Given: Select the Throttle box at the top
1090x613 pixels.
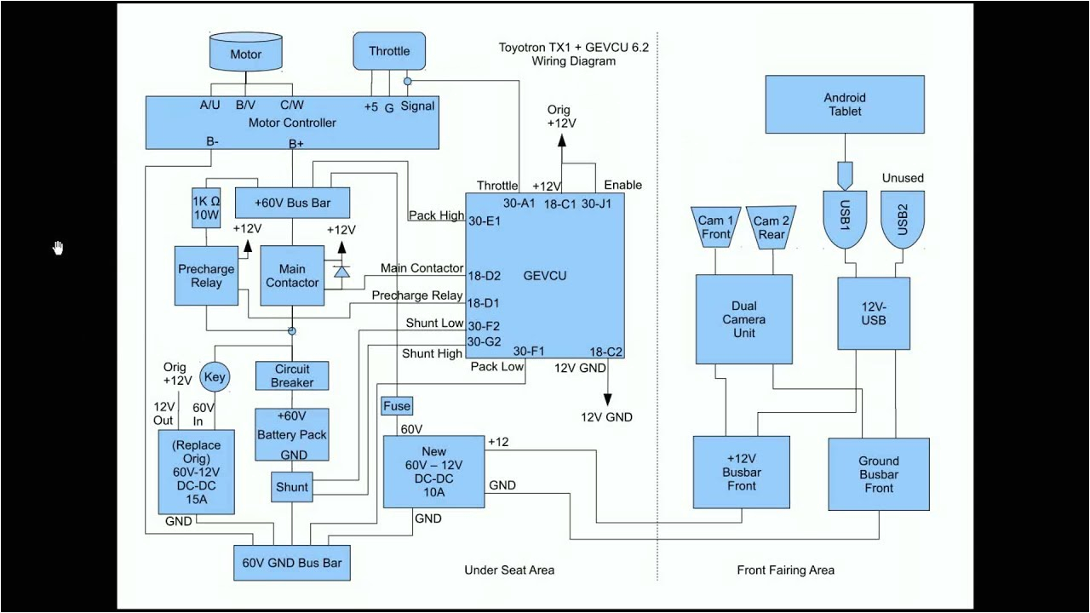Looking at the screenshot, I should point(389,52).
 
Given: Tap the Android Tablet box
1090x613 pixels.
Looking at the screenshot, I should point(844,105).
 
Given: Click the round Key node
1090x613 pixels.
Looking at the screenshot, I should point(215,376).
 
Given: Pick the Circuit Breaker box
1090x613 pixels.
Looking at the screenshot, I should point(292,375).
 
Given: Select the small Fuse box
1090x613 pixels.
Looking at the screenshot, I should point(397,406).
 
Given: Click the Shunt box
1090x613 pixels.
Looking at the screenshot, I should point(292,487).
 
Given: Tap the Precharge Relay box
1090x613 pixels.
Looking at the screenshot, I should point(205,275).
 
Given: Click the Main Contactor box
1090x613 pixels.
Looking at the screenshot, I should point(292,275).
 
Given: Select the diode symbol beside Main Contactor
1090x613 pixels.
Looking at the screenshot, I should point(341,272).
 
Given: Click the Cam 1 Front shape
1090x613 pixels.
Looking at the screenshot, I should point(715,226).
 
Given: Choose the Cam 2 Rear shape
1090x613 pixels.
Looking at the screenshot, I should point(771,226).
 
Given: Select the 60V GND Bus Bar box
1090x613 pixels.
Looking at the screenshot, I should point(292,563).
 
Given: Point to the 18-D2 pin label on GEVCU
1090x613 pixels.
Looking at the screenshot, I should point(483,276).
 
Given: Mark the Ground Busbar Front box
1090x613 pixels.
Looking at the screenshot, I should point(879,474).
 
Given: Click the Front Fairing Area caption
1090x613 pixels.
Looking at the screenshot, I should point(785,570).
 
